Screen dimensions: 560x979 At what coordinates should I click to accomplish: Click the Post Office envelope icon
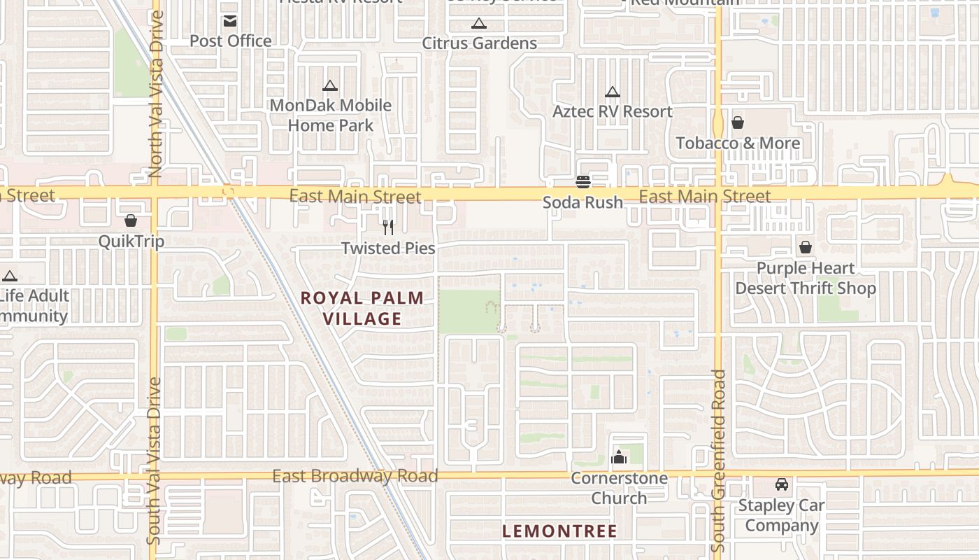click(x=230, y=21)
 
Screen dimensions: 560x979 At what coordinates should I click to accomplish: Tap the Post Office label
click(x=230, y=41)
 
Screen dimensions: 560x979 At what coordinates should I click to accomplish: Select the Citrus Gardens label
click(x=479, y=43)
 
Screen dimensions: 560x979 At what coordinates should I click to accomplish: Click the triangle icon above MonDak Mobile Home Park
click(x=329, y=86)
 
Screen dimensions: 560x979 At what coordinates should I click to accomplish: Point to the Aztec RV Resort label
click(x=612, y=112)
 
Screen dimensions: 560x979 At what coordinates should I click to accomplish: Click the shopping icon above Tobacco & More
click(x=737, y=123)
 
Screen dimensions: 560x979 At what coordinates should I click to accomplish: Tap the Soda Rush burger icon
click(x=583, y=182)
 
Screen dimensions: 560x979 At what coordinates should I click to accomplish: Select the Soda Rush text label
click(x=583, y=203)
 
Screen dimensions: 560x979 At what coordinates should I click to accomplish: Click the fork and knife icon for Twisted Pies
click(x=388, y=227)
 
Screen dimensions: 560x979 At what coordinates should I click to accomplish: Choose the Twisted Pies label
click(x=388, y=248)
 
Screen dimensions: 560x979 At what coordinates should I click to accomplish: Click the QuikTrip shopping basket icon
click(x=131, y=221)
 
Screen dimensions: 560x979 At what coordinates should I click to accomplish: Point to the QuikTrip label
click(x=131, y=241)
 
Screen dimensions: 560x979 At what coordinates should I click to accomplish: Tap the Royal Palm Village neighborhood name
click(x=362, y=309)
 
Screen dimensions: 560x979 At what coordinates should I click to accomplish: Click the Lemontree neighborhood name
click(x=559, y=531)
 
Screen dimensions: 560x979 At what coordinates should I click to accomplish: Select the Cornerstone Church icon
click(x=618, y=458)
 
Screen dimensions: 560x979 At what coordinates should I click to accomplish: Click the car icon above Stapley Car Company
click(x=781, y=484)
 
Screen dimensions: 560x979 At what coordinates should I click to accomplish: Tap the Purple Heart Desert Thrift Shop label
click(x=805, y=279)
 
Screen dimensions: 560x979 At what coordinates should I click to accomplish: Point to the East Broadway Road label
click(x=355, y=477)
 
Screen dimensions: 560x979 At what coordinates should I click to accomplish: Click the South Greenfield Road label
click(x=718, y=460)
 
